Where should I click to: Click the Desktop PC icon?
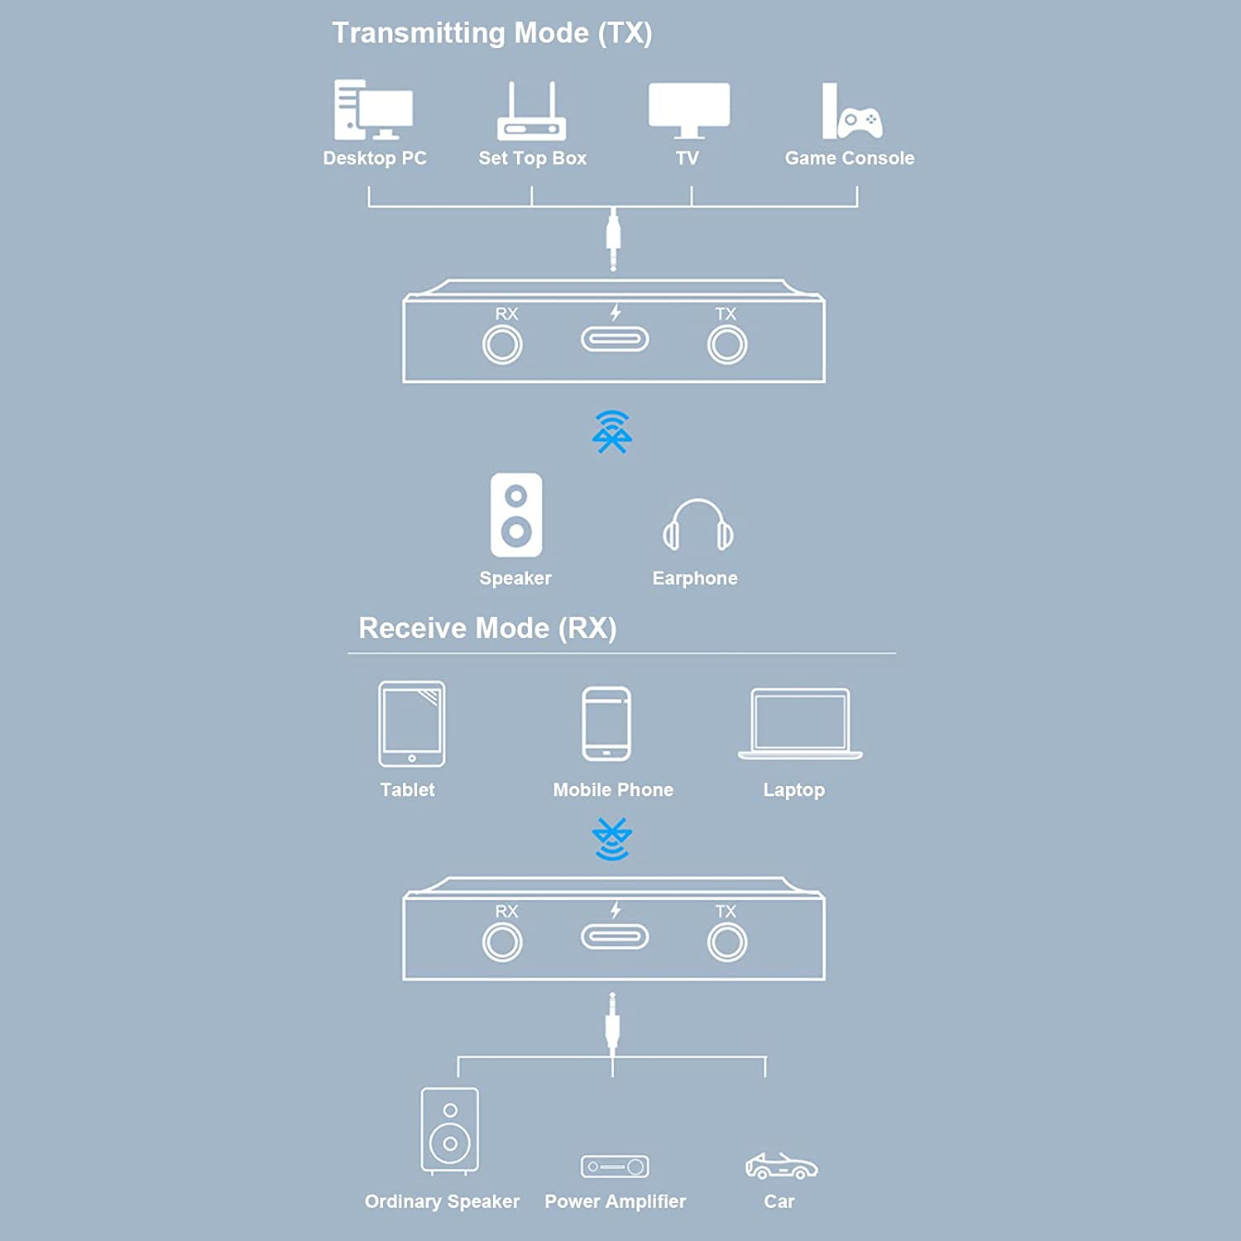[373, 110]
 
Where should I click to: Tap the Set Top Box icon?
[532, 111]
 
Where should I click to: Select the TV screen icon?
[689, 110]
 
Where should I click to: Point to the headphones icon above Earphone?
[697, 525]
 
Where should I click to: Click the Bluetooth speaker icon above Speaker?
[516, 515]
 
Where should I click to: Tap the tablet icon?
[412, 724]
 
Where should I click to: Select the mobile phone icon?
[606, 724]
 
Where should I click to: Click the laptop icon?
[800, 724]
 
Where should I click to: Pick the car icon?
[781, 1166]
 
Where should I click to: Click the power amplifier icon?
[615, 1167]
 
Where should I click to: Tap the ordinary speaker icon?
[450, 1131]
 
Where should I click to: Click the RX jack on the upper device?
[502, 345]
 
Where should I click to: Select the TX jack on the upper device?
[727, 345]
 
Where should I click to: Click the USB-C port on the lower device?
[615, 937]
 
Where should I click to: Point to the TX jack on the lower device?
[727, 942]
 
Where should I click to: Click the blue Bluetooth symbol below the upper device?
[612, 432]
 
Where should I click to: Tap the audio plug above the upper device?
[613, 240]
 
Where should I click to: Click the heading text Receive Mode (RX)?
[487, 628]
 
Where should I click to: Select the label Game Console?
[850, 158]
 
